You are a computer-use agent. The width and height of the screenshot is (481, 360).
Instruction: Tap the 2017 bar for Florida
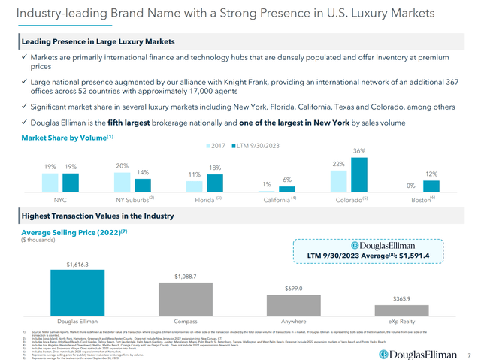[x=195, y=187]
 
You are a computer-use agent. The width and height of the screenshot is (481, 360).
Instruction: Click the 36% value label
[x=359, y=151]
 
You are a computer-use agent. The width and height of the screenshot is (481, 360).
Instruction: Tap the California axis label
[x=277, y=201]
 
